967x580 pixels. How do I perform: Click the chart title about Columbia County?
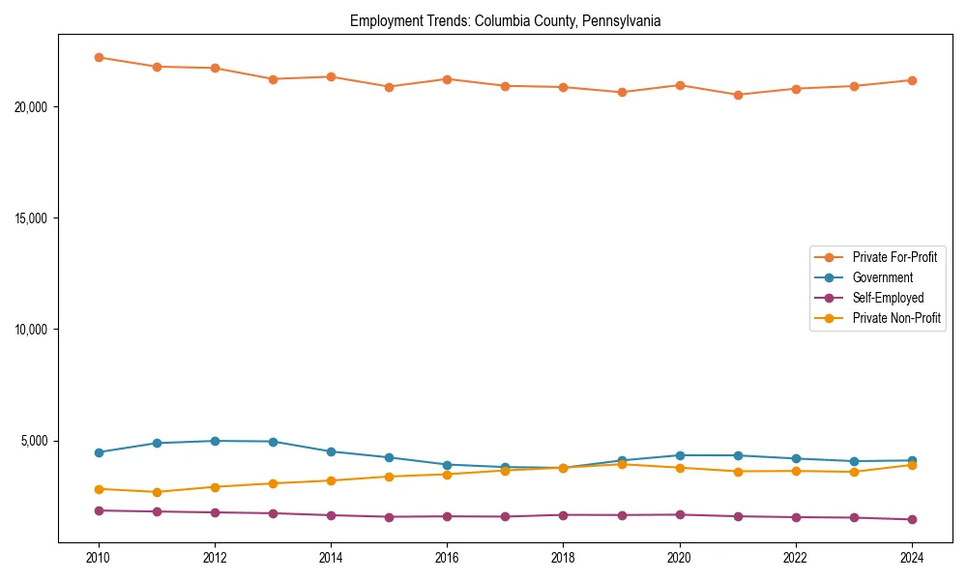pyautogui.click(x=505, y=21)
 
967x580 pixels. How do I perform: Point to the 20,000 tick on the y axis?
pyautogui.click(x=32, y=106)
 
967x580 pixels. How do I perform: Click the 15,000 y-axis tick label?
pyautogui.click(x=32, y=218)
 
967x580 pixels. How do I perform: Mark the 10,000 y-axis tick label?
pyautogui.click(x=32, y=330)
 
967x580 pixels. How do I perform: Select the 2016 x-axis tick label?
pyautogui.click(x=447, y=558)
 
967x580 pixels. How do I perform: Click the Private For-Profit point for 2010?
pyautogui.click(x=99, y=57)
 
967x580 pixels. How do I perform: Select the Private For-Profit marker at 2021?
pyautogui.click(x=738, y=95)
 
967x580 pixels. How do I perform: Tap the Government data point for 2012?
pyautogui.click(x=215, y=441)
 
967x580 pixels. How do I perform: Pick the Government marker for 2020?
pyautogui.click(x=680, y=455)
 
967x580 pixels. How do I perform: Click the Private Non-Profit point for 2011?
pyautogui.click(x=157, y=492)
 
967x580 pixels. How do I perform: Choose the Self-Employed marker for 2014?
pyautogui.click(x=331, y=515)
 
